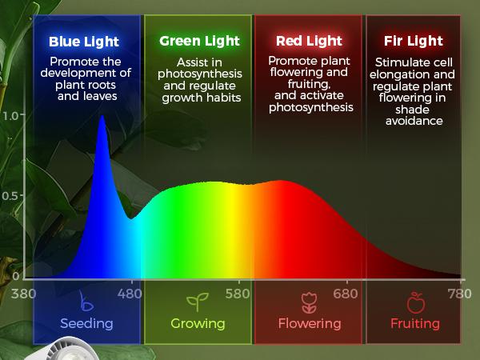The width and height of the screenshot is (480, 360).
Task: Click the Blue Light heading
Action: (x=83, y=42)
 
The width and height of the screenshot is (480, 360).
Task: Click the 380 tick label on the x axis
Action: (x=24, y=293)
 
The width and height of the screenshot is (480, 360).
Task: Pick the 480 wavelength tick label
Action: (x=130, y=293)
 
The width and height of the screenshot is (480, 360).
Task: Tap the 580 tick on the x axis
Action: (x=238, y=293)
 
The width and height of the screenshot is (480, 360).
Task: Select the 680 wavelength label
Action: (x=346, y=293)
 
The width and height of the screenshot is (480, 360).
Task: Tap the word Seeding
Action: (x=86, y=324)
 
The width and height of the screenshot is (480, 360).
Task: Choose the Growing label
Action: (x=198, y=324)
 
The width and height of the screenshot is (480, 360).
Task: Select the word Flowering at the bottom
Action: (x=309, y=324)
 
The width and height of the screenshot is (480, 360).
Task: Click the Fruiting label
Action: (x=415, y=324)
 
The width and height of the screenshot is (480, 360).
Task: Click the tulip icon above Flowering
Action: (x=309, y=302)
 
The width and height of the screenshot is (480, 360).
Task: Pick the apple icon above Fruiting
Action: (x=415, y=302)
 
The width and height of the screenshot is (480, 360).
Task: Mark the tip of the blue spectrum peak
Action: (x=102, y=117)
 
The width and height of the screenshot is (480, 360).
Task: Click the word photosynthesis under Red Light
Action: (x=310, y=107)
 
